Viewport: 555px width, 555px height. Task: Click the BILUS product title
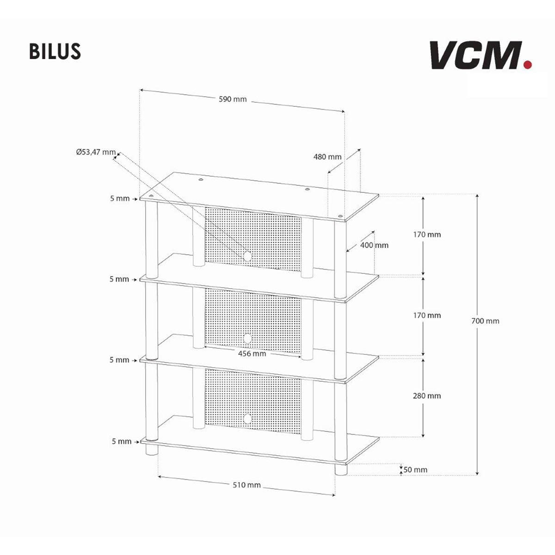click(x=55, y=52)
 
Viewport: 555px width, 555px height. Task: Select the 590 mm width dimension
click(x=233, y=99)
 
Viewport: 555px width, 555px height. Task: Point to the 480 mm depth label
click(x=327, y=157)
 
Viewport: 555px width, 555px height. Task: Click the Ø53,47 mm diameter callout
click(x=96, y=152)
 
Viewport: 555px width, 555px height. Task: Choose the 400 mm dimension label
click(x=375, y=245)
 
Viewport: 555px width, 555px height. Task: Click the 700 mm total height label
click(x=485, y=321)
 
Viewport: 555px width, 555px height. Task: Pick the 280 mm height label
click(x=427, y=395)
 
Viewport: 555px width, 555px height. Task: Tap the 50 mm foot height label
click(x=415, y=469)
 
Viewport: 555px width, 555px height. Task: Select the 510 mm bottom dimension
click(x=247, y=485)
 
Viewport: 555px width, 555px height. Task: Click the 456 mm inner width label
click(x=252, y=354)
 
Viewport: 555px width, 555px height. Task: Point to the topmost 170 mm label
click(x=427, y=234)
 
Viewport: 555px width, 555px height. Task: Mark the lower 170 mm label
click(x=427, y=315)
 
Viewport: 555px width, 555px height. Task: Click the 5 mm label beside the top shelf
click(x=120, y=198)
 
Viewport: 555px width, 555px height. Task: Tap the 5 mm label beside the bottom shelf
click(x=122, y=441)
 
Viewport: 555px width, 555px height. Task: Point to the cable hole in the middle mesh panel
click(x=247, y=338)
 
